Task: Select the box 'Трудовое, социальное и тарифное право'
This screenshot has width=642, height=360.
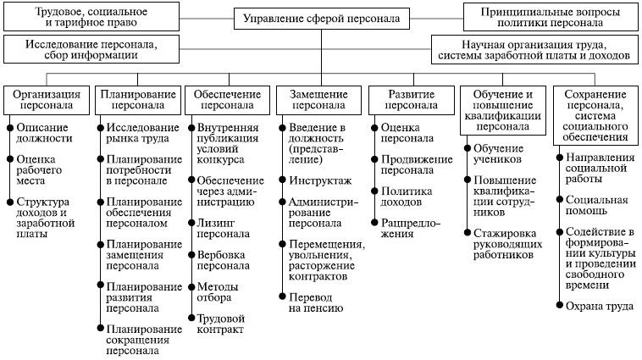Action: [91, 18]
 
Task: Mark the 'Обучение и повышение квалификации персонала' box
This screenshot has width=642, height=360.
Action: [502, 109]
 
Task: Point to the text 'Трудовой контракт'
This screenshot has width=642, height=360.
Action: [219, 323]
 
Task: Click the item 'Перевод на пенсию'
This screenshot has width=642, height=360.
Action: [315, 303]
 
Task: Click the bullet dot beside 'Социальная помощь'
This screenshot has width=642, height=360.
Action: [559, 201]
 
